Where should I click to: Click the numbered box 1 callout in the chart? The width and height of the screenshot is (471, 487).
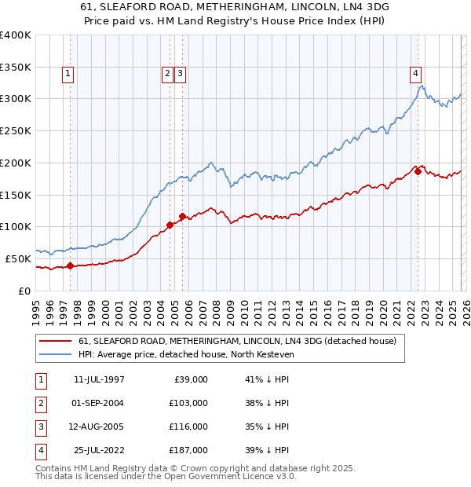pyautogui.click(x=68, y=75)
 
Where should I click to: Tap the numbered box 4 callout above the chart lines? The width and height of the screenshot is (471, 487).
pyautogui.click(x=414, y=75)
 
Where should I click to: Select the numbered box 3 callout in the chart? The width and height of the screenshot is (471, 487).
pyautogui.click(x=181, y=75)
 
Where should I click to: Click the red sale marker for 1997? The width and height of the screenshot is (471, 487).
pyautogui.click(x=71, y=265)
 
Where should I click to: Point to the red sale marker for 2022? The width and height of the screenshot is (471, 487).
pyautogui.click(x=418, y=171)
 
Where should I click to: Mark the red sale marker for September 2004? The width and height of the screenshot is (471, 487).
pyautogui.click(x=170, y=225)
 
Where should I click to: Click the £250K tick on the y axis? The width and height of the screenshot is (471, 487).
pyautogui.click(x=16, y=130)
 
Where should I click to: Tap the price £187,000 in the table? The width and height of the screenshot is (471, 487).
pyautogui.click(x=188, y=450)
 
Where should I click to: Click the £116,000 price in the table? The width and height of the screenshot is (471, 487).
pyautogui.click(x=188, y=427)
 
